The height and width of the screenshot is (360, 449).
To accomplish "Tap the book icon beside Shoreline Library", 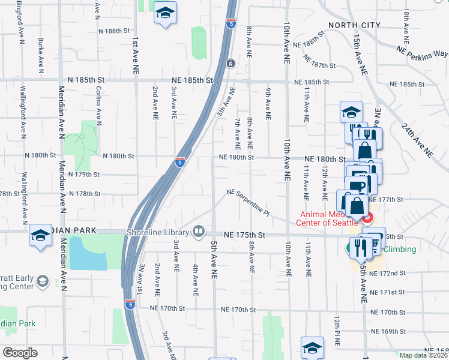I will coord(199,231).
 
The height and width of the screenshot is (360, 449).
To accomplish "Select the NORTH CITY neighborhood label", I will coord(354,25).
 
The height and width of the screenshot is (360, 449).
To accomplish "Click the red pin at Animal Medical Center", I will coord(368,217).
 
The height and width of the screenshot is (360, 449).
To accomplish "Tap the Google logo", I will coord(20,353).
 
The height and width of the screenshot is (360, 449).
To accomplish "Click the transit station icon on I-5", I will coord(231,64).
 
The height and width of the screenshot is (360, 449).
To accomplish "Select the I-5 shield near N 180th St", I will coord(179,161).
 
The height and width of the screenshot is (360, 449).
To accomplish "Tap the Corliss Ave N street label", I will coord(98,99).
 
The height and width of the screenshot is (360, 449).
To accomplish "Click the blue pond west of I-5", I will coord(88,253).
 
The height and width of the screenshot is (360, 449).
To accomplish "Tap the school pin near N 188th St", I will coord(164,13).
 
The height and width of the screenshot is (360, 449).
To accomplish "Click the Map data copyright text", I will coord(423,355).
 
